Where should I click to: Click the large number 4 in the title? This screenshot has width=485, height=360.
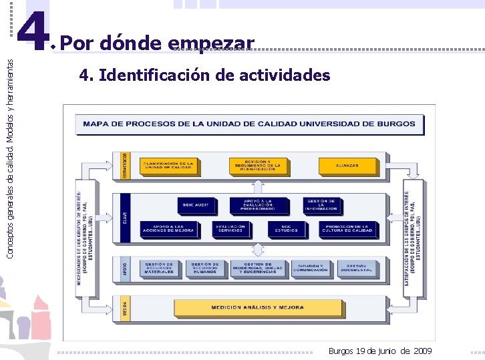[33, 32]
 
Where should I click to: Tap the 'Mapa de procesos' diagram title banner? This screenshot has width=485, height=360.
[249, 124]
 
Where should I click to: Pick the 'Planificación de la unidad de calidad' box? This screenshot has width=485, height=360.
[167, 165]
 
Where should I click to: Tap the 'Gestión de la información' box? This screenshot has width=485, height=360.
[321, 205]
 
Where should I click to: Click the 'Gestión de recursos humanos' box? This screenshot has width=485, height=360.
[206, 268]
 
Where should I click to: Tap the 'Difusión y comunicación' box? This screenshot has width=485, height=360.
[311, 268]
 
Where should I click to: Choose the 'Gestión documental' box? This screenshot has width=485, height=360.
[361, 268]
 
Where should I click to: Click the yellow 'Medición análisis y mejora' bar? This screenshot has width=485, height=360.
[257, 308]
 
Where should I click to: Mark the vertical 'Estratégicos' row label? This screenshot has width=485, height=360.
[126, 165]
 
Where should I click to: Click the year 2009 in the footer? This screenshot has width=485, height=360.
[423, 351]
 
